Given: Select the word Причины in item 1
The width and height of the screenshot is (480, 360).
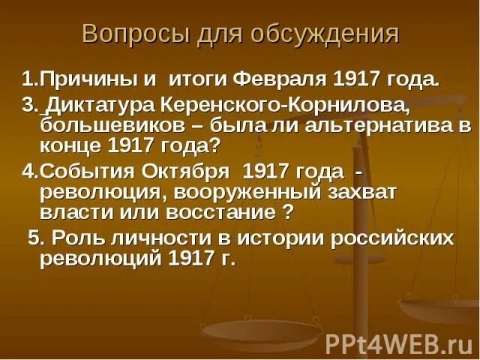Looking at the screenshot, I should (x=76, y=79).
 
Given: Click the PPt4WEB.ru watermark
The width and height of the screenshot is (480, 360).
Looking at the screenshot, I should (x=397, y=343).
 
